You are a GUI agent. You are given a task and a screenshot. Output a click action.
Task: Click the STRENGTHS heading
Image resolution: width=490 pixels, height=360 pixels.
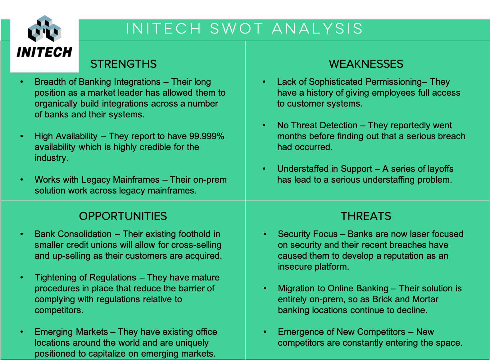[x=123, y=64]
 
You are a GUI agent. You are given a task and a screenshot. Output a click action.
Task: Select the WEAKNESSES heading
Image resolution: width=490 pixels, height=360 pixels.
[x=366, y=64]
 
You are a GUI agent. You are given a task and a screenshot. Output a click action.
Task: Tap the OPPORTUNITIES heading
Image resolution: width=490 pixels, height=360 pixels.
[x=123, y=216]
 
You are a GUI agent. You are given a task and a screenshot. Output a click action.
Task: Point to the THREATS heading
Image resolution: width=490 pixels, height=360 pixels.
[x=366, y=216]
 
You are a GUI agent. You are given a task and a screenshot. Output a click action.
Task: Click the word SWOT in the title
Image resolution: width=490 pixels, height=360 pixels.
[x=237, y=29]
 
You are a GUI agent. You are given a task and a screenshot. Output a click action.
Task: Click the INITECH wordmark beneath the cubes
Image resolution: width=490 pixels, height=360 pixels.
[x=44, y=52]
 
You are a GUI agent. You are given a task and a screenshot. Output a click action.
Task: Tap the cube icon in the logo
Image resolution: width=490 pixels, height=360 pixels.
[x=45, y=29]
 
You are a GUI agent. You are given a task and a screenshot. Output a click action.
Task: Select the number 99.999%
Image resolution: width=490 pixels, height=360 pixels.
[x=207, y=136]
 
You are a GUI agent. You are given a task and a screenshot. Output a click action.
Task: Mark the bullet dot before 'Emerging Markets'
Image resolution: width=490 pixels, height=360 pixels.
[x=21, y=332]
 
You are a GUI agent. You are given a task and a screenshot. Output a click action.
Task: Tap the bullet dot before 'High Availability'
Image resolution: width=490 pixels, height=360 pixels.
[x=21, y=136]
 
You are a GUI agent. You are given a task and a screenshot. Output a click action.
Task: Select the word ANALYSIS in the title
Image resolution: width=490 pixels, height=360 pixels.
[x=317, y=29]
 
